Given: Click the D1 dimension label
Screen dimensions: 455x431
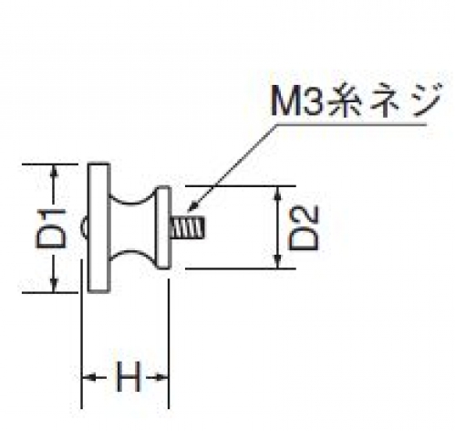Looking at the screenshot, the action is (x=51, y=228).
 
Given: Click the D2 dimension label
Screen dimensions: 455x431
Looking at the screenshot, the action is (x=304, y=227).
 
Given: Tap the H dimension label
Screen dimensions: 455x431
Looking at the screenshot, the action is (x=129, y=377).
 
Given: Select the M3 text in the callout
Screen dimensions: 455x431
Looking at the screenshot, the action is (x=296, y=100).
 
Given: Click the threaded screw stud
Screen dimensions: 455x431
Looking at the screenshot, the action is (x=188, y=227).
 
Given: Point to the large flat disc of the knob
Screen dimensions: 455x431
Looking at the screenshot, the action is (x=98, y=227).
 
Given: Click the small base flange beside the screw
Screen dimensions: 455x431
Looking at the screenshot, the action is (x=163, y=227).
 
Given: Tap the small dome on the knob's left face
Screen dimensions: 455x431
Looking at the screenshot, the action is (x=84, y=227).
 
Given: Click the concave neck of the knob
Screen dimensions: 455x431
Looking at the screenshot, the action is (x=132, y=227).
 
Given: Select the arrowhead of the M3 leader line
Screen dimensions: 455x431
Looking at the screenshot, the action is (x=192, y=205).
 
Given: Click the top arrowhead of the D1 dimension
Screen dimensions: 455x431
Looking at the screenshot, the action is (x=54, y=170).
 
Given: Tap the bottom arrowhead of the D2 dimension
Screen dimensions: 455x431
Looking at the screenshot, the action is (x=277, y=262).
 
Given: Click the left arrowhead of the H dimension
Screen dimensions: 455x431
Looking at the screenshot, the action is (x=89, y=378).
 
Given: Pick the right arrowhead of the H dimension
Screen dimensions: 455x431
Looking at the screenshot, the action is (x=161, y=378).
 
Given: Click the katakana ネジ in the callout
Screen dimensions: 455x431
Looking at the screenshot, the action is (x=405, y=100).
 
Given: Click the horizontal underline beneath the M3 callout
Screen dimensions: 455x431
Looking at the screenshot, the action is (x=351, y=124).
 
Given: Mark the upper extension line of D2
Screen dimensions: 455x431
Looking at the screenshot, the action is (x=240, y=185).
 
